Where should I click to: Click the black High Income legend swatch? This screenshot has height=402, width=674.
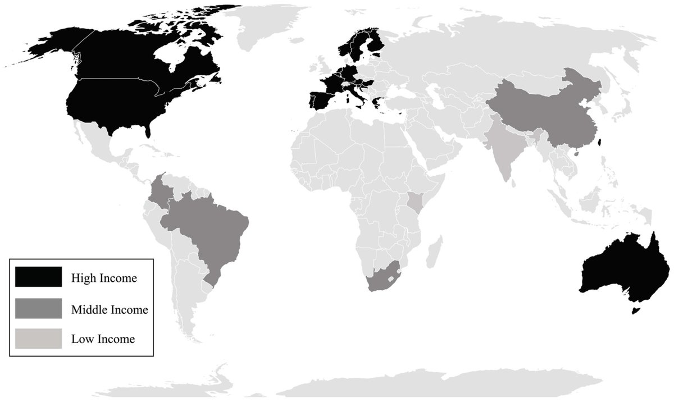click(38, 277)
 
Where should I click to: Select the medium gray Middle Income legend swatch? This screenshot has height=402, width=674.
click(38, 308)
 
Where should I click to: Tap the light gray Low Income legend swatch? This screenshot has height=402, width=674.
click(38, 339)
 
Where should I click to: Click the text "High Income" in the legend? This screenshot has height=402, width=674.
click(104, 277)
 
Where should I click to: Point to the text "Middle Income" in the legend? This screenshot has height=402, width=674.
click(110, 309)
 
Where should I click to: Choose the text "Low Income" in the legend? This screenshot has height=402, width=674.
click(103, 340)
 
